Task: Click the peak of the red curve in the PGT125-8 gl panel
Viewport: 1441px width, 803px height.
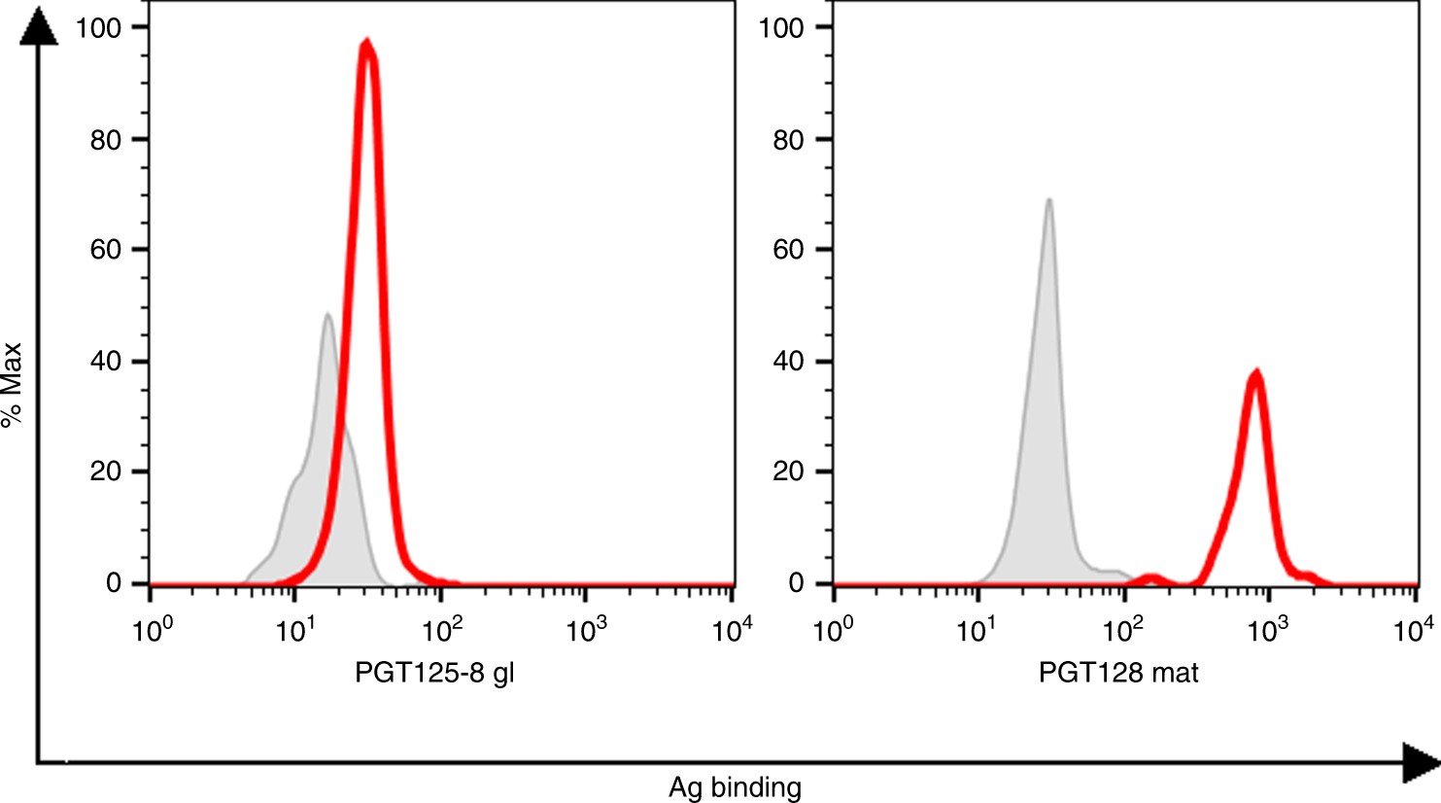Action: [366, 43]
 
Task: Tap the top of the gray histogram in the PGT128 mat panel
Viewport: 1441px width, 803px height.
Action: [1048, 201]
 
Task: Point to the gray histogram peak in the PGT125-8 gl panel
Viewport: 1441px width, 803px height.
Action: [327, 315]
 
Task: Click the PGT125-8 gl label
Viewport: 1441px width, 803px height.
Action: [434, 673]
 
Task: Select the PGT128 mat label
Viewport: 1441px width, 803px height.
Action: [1118, 673]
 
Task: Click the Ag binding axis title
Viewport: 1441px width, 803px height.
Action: [735, 787]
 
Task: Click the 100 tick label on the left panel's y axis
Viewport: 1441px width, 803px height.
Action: [99, 27]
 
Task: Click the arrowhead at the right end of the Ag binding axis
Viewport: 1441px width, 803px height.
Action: [1420, 762]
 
